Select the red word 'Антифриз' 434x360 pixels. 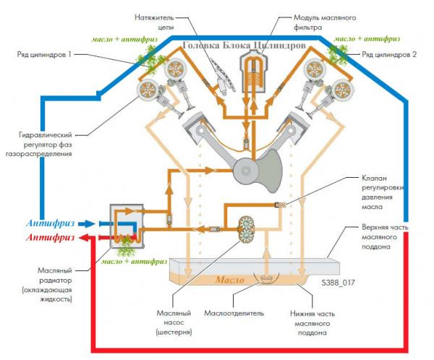pyautogui.click(x=49, y=237)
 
